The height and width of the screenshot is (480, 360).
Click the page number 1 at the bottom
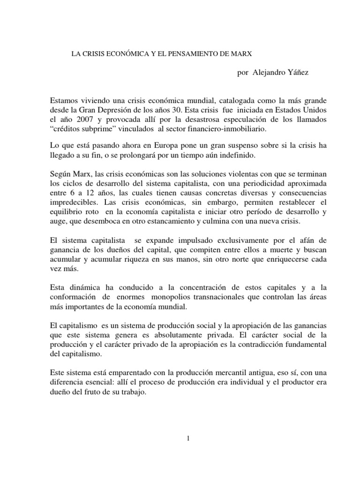pyautogui.click(x=187, y=438)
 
